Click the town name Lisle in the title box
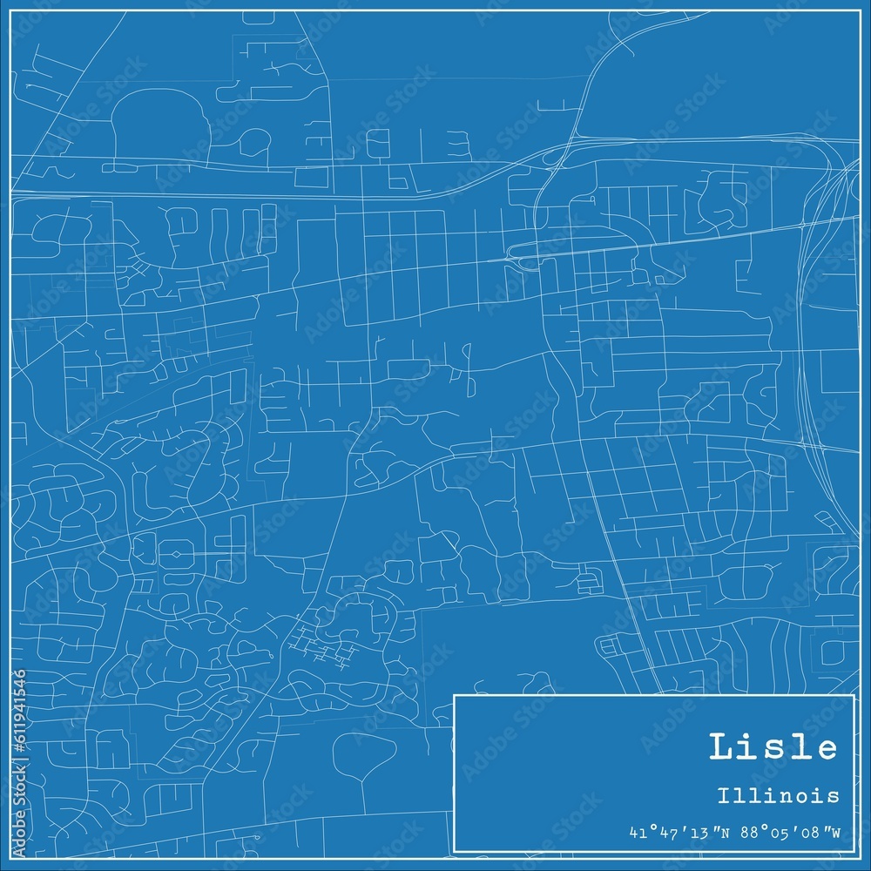coord(773,748)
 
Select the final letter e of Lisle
coord(826,750)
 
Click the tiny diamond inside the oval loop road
coord(177,552)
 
